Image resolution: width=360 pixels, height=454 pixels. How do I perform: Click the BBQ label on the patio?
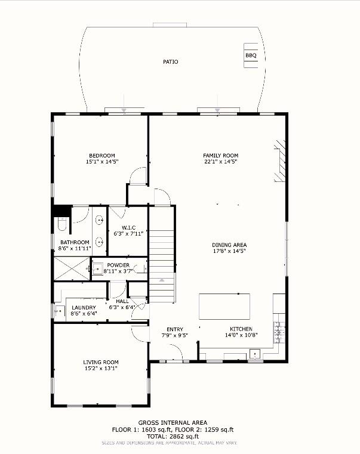[x=251, y=55]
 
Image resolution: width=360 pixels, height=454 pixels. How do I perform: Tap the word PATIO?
[x=170, y=61]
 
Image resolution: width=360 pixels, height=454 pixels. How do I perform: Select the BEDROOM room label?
[x=102, y=156]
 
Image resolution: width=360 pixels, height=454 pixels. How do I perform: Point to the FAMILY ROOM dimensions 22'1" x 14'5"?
[x=221, y=162]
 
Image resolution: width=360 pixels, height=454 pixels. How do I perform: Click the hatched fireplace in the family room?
[x=280, y=160]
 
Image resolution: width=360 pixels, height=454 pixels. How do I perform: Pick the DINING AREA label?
[x=229, y=245]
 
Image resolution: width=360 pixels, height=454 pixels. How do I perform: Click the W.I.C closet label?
[x=128, y=227]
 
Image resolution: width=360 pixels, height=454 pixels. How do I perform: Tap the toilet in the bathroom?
[x=62, y=224]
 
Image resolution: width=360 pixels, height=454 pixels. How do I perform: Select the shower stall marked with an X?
[x=72, y=268]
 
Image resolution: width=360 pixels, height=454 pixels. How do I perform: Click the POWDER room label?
[x=118, y=265]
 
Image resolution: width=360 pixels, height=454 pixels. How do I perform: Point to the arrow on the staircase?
[x=162, y=280]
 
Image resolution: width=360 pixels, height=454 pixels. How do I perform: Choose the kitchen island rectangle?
[x=224, y=306]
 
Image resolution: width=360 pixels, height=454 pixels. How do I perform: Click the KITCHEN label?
[x=241, y=329]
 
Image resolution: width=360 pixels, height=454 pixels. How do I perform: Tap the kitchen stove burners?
[x=279, y=332]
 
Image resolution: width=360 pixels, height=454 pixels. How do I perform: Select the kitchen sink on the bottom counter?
[x=255, y=354]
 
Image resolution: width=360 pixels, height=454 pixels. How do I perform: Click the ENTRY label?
[x=175, y=329]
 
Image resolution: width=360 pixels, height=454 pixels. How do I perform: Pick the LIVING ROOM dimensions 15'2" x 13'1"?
[x=101, y=368]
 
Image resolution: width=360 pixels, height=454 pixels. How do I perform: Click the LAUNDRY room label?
[x=84, y=307]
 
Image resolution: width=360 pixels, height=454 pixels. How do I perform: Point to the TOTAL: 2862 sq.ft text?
[x=173, y=436]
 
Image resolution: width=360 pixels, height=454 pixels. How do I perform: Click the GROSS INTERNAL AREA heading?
[x=173, y=423]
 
